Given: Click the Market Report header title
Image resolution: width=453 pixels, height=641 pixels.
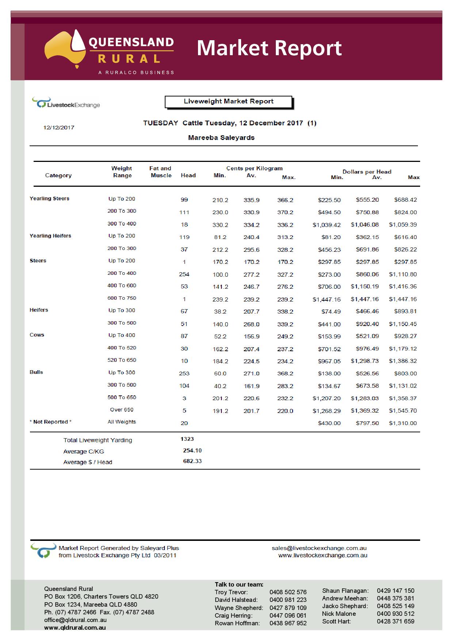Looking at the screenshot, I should (x=269, y=48).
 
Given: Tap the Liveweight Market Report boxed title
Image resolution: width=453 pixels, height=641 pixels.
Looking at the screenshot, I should (x=229, y=102).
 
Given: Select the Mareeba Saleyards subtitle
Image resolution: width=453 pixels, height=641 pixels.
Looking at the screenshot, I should (x=221, y=138).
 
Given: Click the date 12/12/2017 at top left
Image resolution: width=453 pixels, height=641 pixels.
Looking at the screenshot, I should (x=59, y=128).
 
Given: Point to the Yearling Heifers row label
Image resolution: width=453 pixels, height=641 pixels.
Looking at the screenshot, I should (x=50, y=236).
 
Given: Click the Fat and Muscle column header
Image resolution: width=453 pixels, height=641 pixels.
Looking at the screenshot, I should (x=160, y=172).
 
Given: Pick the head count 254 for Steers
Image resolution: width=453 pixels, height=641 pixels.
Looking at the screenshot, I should (x=184, y=274).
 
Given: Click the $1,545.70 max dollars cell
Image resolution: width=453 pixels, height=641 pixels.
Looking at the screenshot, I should (x=403, y=411).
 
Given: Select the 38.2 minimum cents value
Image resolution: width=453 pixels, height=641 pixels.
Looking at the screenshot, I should (x=220, y=312).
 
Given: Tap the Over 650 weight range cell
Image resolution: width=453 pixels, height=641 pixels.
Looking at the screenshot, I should (x=122, y=410).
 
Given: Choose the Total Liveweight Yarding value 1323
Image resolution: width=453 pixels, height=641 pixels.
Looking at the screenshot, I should (x=187, y=439).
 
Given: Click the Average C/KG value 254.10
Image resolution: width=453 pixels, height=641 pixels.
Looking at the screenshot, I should (x=192, y=451).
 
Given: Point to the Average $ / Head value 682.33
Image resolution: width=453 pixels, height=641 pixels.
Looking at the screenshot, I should (x=192, y=461).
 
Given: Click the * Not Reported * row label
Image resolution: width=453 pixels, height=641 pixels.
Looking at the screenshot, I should (x=50, y=422).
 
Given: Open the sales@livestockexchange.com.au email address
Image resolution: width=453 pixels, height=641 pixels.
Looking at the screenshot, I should (x=319, y=548).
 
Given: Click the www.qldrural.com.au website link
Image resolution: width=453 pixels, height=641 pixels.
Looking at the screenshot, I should (x=75, y=627).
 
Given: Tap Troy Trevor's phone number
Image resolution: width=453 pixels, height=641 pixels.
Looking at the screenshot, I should (x=288, y=592).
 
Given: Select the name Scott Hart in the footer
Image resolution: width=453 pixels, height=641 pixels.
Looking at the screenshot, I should (x=336, y=621).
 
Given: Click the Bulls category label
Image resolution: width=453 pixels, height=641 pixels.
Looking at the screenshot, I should (x=36, y=372).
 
